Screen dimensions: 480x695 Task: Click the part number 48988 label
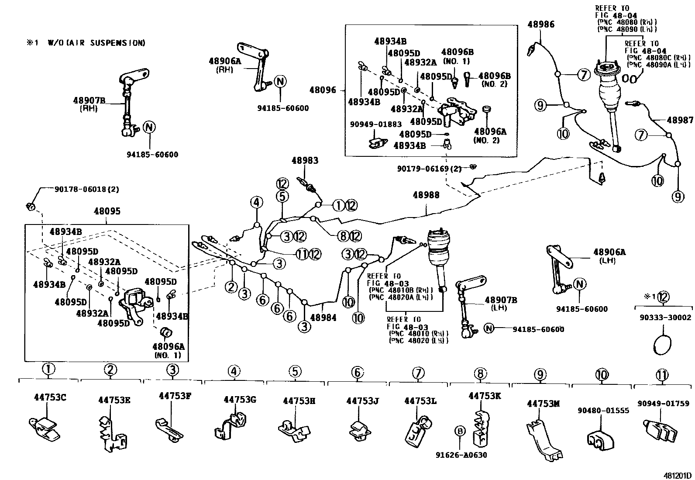(x=426, y=195)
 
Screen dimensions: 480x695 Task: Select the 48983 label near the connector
(x=305, y=160)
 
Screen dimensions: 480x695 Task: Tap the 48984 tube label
(x=323, y=318)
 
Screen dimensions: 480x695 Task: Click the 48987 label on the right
(x=680, y=120)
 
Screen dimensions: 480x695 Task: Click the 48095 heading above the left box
(x=107, y=211)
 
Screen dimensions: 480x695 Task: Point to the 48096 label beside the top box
(x=323, y=90)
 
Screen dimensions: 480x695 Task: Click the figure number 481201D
(x=676, y=475)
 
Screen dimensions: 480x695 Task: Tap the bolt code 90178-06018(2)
(x=86, y=190)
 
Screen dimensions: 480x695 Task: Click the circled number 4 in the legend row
(x=234, y=371)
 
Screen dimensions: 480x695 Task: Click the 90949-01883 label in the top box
(x=375, y=124)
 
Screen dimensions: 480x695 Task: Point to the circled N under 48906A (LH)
(x=579, y=284)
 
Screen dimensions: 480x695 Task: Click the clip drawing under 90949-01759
(x=660, y=430)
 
